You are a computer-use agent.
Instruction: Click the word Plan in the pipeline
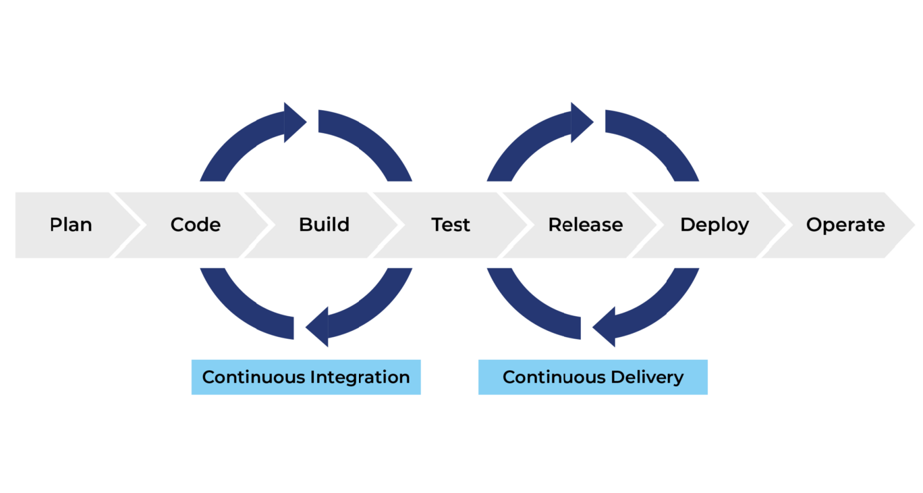coord(71,225)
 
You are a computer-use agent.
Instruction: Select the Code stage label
coord(196,225)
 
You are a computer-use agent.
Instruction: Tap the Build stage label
coord(324,225)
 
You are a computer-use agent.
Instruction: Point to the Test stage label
coord(451,225)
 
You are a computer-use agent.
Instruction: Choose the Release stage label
coord(585,225)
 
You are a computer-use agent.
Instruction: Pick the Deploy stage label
coord(715,225)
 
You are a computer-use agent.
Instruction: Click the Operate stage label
coord(845,225)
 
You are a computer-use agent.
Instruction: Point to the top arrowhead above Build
coord(294,122)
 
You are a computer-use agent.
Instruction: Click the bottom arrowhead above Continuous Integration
coord(318,327)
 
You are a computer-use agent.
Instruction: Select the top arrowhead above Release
coord(581,122)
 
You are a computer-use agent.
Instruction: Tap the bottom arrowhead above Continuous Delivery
coord(605,327)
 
